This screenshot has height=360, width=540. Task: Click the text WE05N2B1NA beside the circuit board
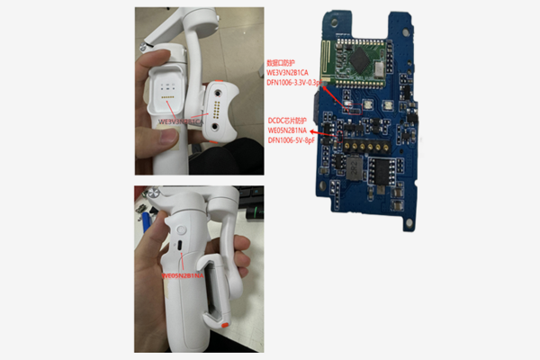(294, 130)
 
